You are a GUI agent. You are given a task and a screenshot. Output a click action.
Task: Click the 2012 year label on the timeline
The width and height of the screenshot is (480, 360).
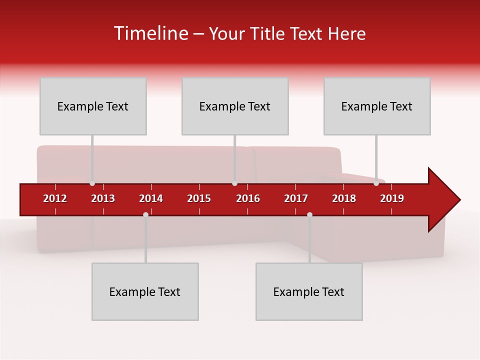(55, 198)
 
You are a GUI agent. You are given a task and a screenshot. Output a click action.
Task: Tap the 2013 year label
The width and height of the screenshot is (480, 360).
(103, 198)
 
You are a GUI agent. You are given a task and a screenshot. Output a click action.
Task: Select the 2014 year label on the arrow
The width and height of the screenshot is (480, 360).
(151, 198)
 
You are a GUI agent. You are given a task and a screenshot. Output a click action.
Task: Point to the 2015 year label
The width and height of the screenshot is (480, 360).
(199, 198)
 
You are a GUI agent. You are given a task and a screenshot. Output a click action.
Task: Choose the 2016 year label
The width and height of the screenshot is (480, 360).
(248, 198)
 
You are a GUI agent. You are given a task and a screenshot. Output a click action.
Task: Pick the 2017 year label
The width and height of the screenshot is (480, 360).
(296, 198)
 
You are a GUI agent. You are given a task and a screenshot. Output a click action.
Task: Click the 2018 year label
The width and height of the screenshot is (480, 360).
(344, 198)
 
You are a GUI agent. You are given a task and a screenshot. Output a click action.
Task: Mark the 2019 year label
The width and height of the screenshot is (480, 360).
(392, 198)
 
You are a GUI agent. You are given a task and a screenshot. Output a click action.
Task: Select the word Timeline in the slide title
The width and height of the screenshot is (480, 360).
(151, 33)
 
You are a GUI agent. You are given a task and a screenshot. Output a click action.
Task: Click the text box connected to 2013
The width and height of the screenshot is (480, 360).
(93, 106)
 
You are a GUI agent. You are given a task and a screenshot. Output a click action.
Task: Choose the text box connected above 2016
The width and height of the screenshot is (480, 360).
(235, 106)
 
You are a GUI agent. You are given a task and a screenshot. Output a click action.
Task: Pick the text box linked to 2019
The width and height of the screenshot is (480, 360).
(377, 106)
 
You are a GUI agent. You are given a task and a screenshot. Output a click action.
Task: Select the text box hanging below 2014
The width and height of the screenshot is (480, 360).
(145, 291)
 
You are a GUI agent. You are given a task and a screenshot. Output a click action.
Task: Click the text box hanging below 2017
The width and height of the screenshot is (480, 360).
(309, 291)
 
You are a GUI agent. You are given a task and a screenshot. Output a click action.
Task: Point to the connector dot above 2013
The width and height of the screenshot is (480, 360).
(92, 183)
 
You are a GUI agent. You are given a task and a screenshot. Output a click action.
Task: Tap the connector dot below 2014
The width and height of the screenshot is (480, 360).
(145, 214)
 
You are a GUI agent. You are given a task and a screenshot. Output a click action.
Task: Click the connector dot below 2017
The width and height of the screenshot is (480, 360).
(309, 214)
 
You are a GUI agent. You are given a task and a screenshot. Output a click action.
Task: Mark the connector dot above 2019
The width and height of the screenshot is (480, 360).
(376, 183)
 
